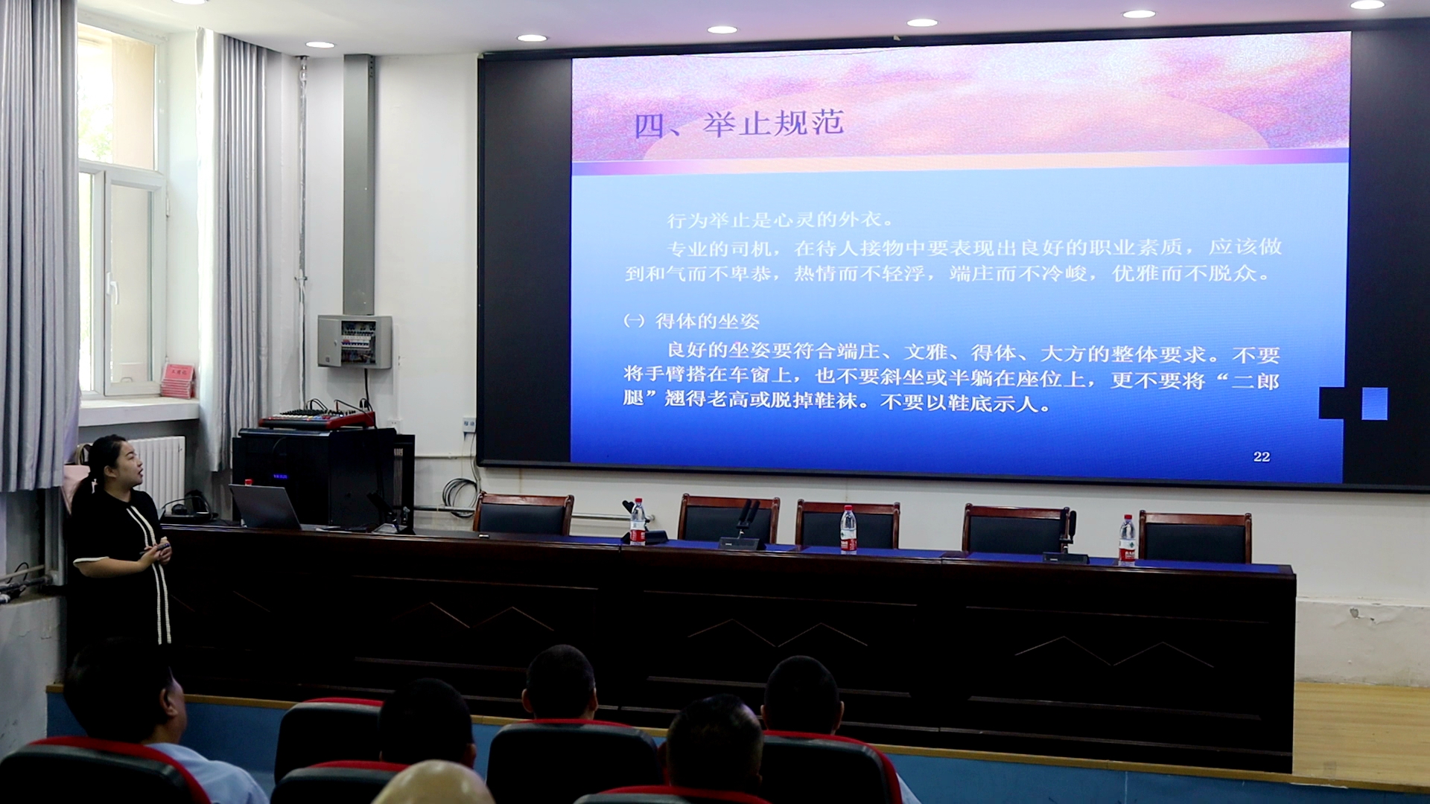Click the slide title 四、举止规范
[738, 124]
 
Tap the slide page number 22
[1262, 457]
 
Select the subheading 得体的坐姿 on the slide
[707, 322]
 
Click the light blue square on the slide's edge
[1374, 403]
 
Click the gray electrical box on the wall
[355, 342]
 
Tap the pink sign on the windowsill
[177, 380]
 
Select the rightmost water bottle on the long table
[1127, 540]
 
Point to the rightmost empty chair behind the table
[1195, 537]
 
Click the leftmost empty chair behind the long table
[524, 514]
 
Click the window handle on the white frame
[112, 287]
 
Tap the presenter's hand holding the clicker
[159, 552]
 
